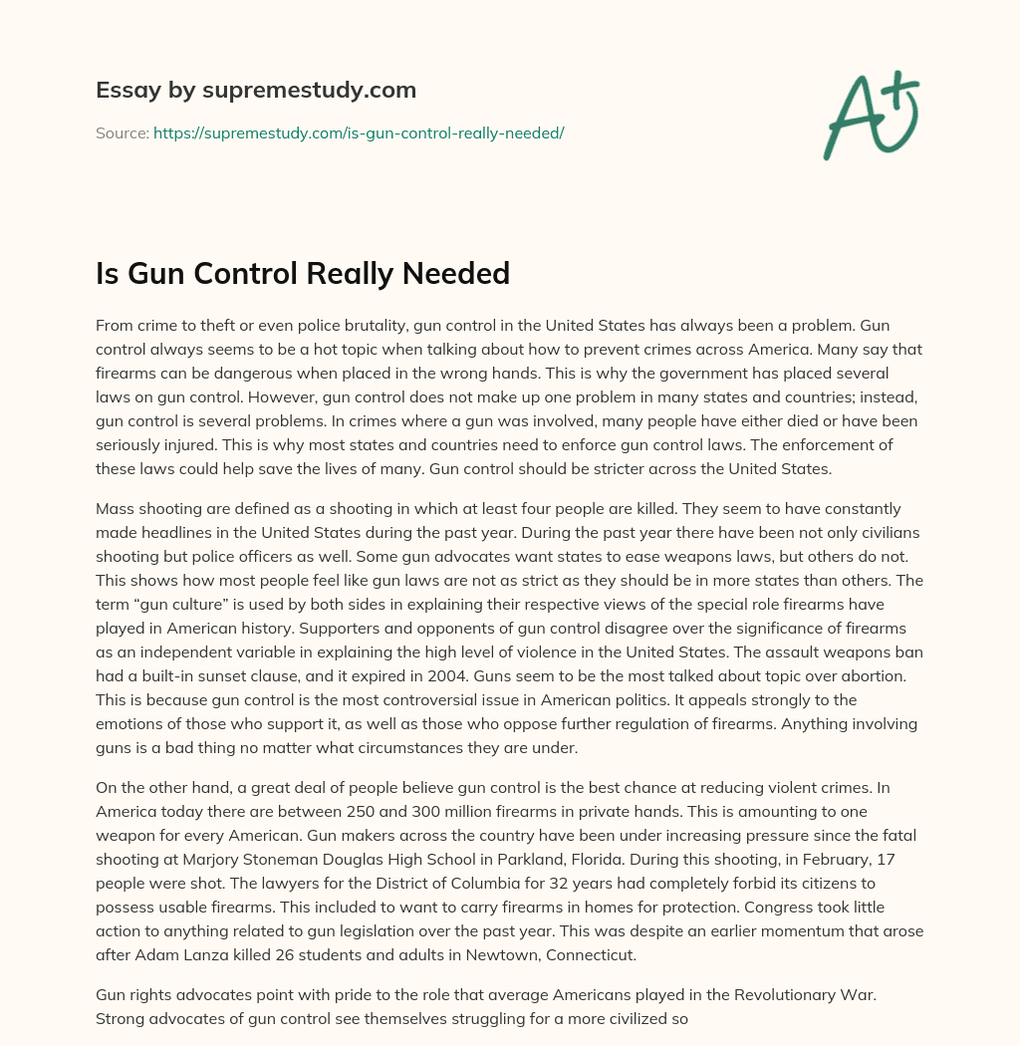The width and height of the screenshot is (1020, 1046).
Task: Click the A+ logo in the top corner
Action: [x=872, y=115]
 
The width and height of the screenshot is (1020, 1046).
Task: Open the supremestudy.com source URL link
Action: [x=359, y=132]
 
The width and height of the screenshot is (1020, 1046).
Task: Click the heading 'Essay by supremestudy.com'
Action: [x=256, y=91]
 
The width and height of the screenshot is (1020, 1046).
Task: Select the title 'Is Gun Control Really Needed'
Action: [x=303, y=273]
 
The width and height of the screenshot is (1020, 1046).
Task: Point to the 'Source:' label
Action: [x=123, y=132]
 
